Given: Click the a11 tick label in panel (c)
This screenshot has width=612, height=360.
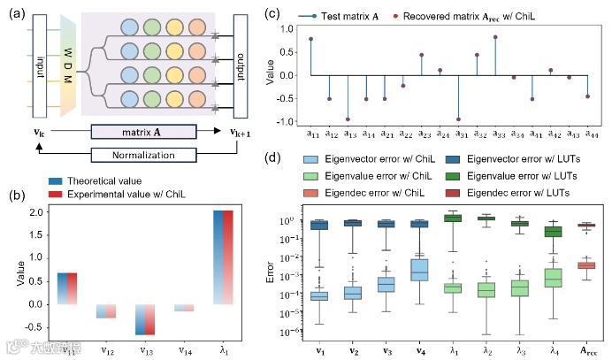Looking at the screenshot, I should (x=311, y=134).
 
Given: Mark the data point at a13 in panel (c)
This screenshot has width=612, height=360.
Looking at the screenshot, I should (x=348, y=119).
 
